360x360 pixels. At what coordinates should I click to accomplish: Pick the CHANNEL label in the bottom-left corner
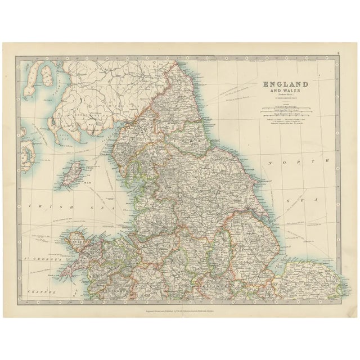tap(42, 293)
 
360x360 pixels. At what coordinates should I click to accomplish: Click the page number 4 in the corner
tap(337, 55)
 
